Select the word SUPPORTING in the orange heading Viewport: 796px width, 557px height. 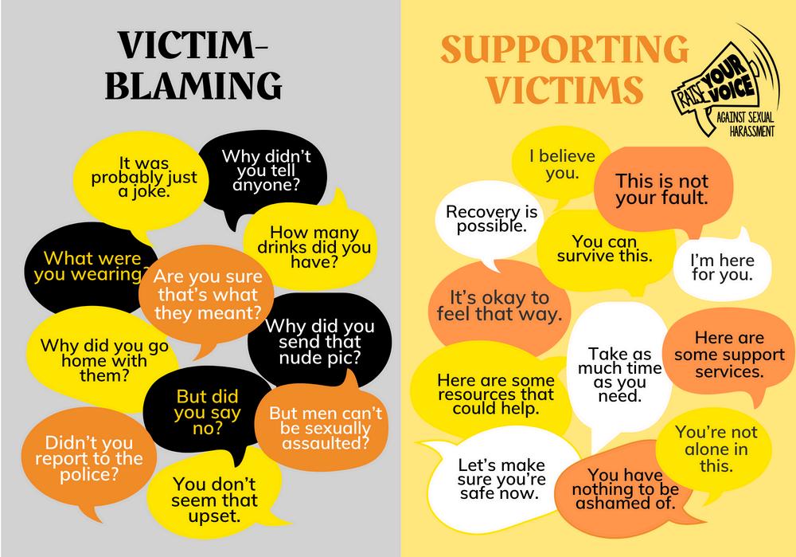point(564,50)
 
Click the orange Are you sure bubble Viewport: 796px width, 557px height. point(209,295)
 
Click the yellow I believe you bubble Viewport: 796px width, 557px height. point(561,164)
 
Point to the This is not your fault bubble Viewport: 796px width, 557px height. point(661,189)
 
